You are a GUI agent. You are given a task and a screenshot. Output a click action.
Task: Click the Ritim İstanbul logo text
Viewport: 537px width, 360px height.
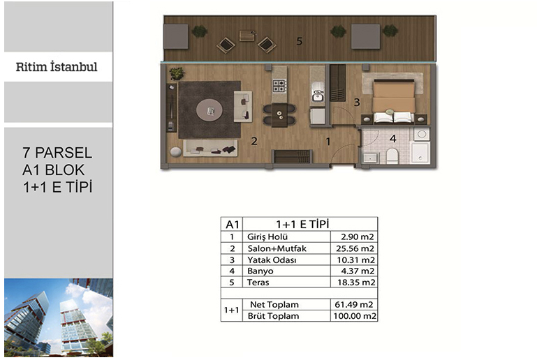pos(57,66)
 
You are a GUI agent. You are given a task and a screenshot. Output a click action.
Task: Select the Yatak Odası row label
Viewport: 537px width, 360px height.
pos(272,260)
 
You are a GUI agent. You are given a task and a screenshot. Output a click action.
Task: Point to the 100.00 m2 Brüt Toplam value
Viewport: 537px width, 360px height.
pos(355,316)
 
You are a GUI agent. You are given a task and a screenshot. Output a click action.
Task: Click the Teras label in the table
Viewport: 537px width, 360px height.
pos(258,283)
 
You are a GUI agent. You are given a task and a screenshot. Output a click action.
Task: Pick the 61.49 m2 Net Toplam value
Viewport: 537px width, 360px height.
pos(354,305)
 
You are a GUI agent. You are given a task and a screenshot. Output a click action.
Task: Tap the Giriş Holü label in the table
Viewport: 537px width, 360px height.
pos(267,237)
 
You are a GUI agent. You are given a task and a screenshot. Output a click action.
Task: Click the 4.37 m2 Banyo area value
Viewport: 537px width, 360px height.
pos(358,271)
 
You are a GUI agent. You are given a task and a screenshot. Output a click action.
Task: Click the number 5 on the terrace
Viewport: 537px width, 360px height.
pos(300,41)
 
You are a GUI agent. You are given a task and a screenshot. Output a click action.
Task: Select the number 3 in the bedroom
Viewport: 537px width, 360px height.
pos(357,103)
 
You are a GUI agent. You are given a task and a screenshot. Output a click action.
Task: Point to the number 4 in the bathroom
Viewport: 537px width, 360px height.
pos(393,139)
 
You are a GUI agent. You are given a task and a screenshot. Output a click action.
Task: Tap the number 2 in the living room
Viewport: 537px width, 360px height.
pos(254,141)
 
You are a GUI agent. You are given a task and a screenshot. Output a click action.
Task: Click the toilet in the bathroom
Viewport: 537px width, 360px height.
pos(392,156)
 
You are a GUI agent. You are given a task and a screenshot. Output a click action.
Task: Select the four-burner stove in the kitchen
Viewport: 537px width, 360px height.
pos(279,86)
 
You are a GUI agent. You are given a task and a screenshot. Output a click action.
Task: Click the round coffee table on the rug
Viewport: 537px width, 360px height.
pos(209,110)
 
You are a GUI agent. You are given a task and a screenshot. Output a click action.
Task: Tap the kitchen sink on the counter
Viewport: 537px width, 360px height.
pos(318,94)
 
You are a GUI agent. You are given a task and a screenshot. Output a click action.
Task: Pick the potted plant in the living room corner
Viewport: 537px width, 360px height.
pos(177,73)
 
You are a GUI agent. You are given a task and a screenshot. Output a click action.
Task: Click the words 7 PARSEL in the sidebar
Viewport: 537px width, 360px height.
pos(57,153)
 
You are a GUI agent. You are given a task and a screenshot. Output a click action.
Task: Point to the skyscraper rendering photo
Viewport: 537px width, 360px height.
pos(59,317)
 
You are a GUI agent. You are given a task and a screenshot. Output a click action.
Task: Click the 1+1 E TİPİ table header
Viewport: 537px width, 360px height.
pos(302,225)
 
